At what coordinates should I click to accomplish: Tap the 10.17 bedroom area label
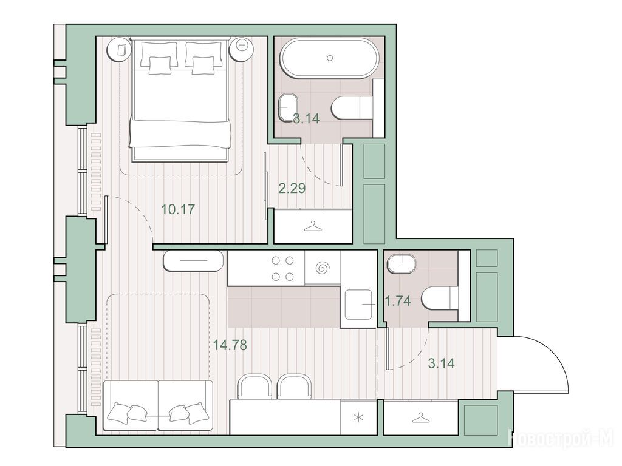coord(178,209)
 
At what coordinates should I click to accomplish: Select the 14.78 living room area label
coord(230,345)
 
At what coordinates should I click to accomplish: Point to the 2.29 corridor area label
coord(292,188)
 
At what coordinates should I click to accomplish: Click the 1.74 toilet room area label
coord(398,301)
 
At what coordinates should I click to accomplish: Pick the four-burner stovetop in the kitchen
coord(282,268)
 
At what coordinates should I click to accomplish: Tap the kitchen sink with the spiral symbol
coord(323,268)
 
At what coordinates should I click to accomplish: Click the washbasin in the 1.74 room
coord(402,263)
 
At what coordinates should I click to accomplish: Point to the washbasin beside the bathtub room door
coord(288,107)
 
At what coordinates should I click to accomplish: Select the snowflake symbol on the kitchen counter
coord(358,417)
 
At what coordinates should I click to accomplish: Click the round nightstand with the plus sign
coord(242,45)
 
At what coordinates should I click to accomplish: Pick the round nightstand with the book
coord(121,49)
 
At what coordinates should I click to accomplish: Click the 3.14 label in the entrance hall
coord(442,363)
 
